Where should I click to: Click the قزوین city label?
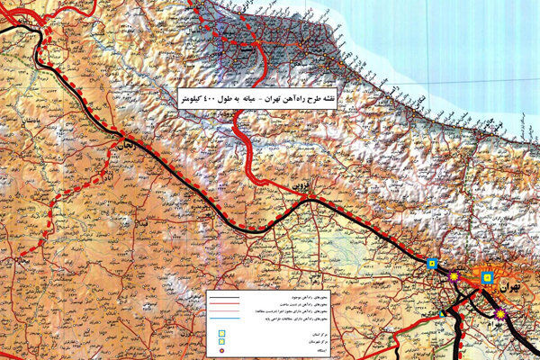(x=300, y=184)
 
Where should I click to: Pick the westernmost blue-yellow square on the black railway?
(x=433, y=264)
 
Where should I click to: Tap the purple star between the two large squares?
(x=454, y=277)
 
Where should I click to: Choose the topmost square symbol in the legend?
(x=221, y=333)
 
